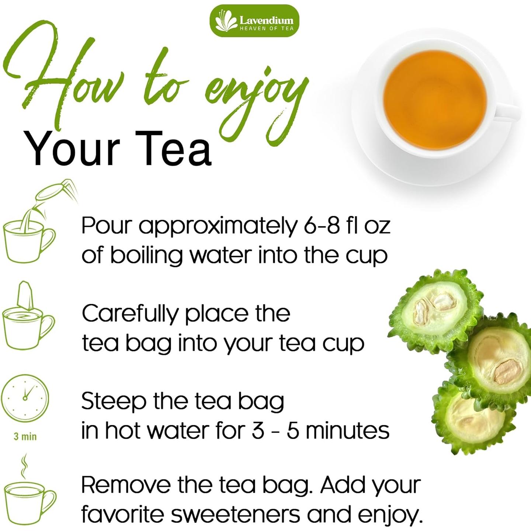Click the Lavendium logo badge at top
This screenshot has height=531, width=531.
(254, 21)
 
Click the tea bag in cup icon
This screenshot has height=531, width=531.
(28, 317)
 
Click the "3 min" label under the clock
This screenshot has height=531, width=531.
(25, 437)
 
